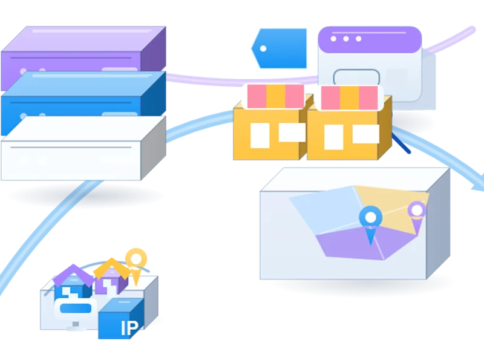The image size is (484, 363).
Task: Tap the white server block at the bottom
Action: click(83, 148)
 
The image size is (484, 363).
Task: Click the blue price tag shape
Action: click(280, 48)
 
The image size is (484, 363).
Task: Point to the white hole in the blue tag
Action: click(263, 48)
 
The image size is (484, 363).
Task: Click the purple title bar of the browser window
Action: click(370, 39)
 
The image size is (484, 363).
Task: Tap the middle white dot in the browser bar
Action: click(346, 39)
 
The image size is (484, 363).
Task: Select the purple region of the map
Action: click(364, 244)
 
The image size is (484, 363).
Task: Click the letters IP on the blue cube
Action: click(129, 328)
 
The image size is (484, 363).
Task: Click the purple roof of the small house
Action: click(73, 275)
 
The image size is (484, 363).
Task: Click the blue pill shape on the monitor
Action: click(76, 309)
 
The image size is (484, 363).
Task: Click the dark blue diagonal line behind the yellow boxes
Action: click(401, 143)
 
